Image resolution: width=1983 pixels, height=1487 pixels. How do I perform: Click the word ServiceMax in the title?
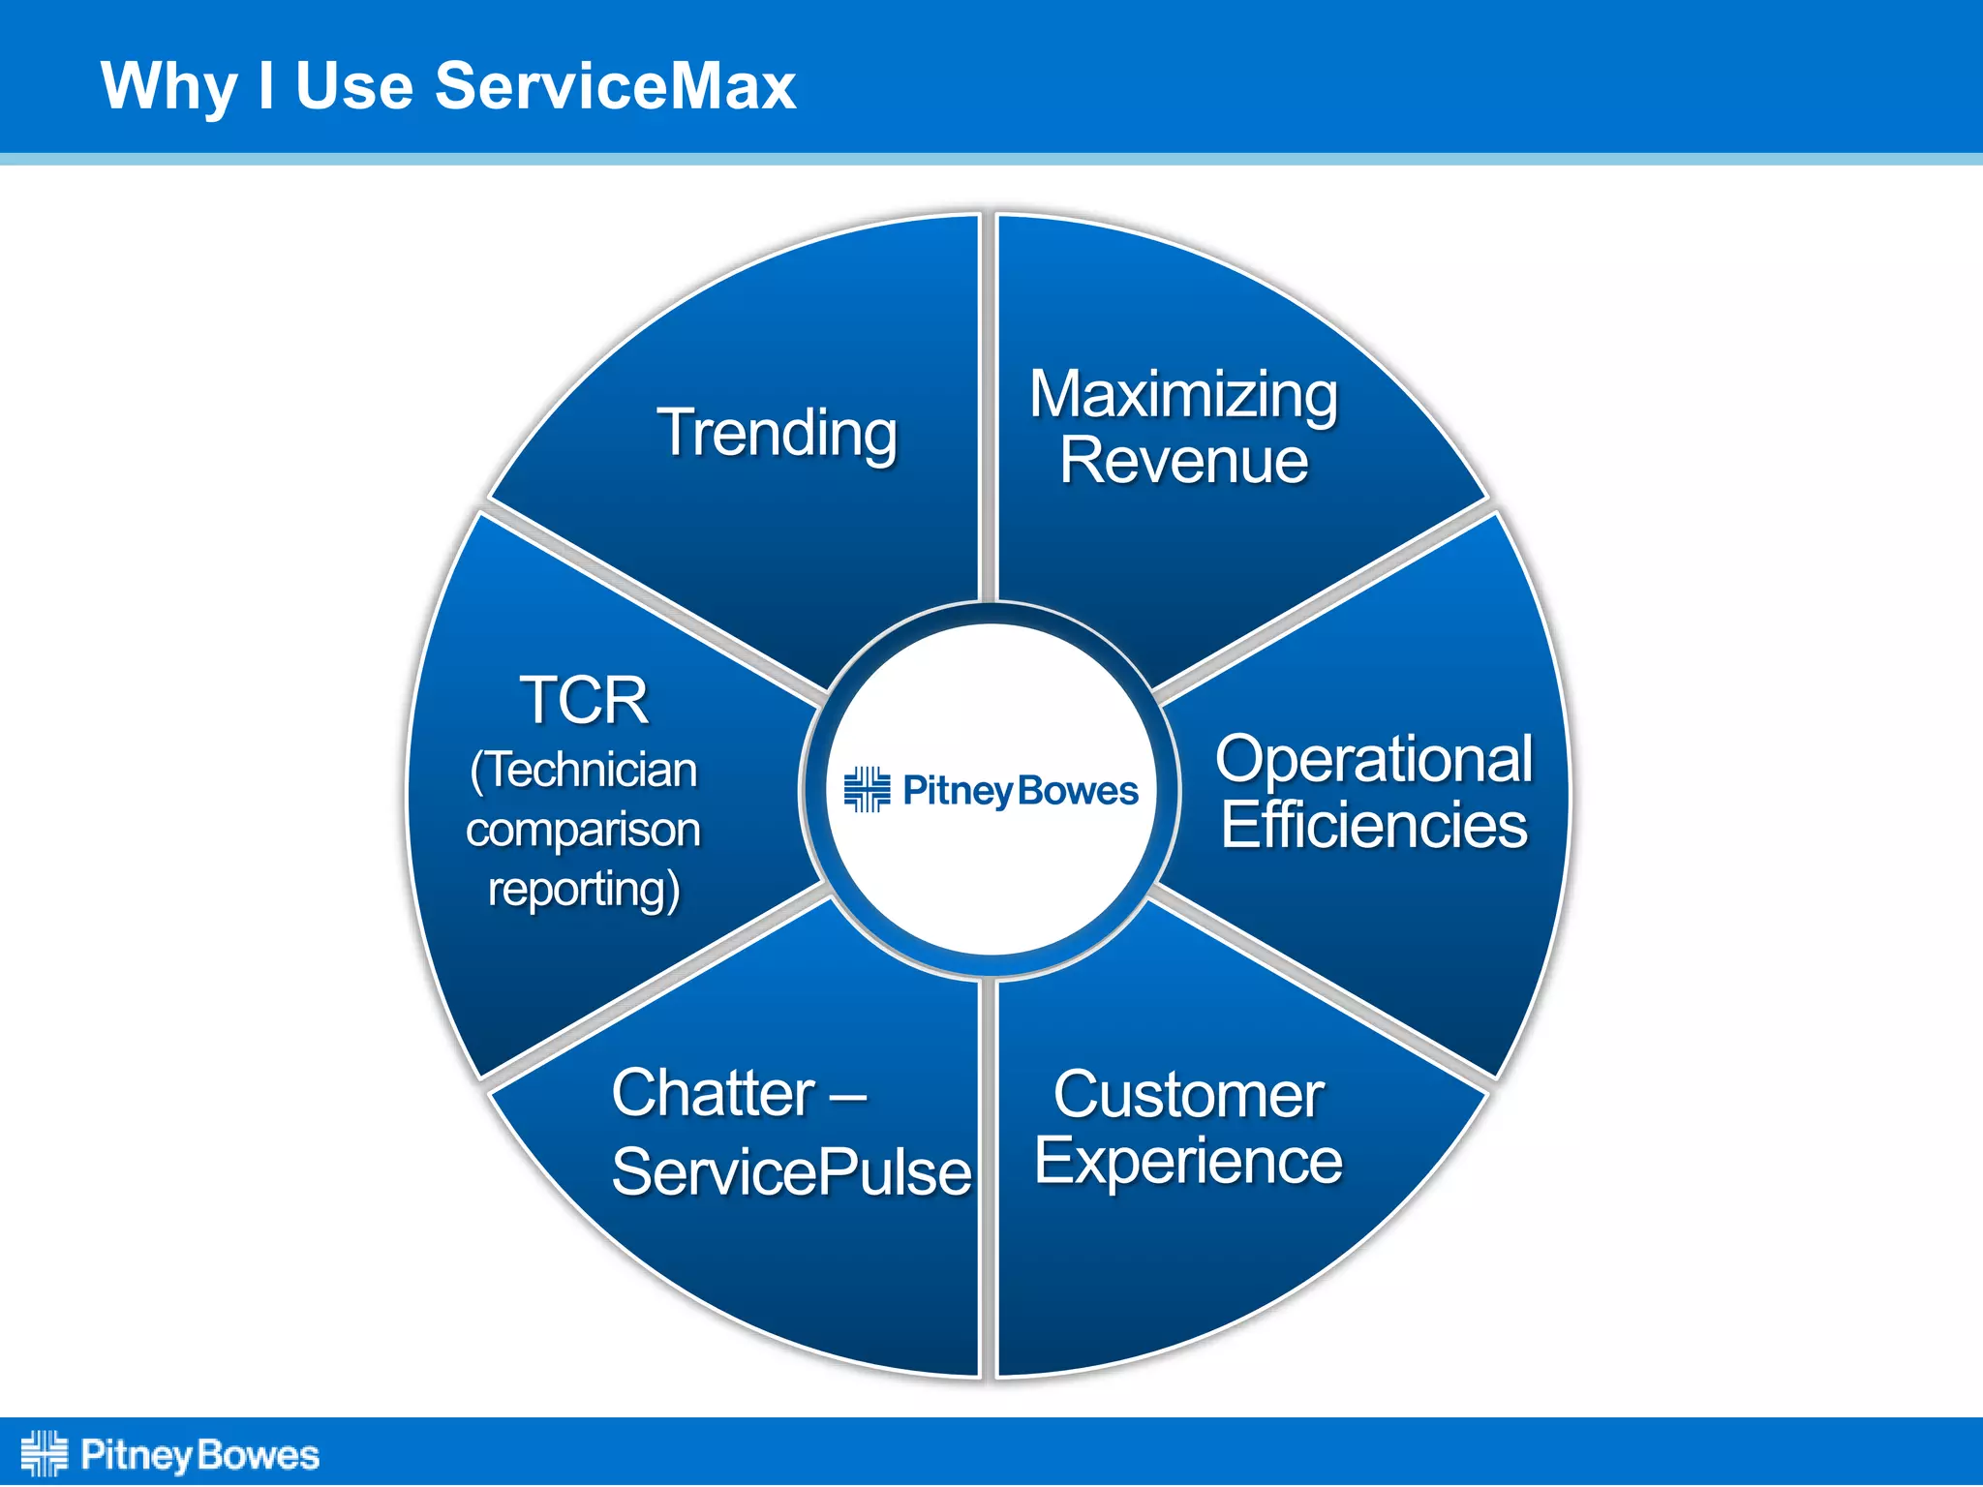615,86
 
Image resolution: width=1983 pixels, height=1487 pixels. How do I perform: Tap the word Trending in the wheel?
778,433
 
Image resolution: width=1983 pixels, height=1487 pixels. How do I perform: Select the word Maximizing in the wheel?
1183,395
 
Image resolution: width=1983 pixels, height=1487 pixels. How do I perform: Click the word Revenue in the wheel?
1183,460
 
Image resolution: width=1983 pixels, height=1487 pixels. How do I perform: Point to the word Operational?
1373,759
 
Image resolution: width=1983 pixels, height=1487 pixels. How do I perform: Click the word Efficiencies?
1373,825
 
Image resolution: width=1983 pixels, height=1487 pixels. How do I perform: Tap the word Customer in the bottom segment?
1188,1096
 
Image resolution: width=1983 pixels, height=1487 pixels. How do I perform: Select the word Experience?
1188,1162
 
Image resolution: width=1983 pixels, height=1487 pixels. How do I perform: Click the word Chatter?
714,1094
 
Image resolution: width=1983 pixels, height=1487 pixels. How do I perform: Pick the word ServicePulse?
791,1172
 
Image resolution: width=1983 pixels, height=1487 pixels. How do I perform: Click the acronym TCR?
584,700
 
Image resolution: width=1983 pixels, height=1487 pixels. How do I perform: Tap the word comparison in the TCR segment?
583,831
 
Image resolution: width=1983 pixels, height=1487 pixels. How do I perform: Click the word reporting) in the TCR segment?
584,890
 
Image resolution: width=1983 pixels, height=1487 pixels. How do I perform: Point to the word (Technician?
584,772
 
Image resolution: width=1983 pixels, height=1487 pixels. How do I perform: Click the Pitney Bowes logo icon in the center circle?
867,790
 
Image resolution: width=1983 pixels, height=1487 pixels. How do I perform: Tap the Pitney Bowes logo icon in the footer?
44,1454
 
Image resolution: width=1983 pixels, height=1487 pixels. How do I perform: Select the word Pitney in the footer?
136,1456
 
